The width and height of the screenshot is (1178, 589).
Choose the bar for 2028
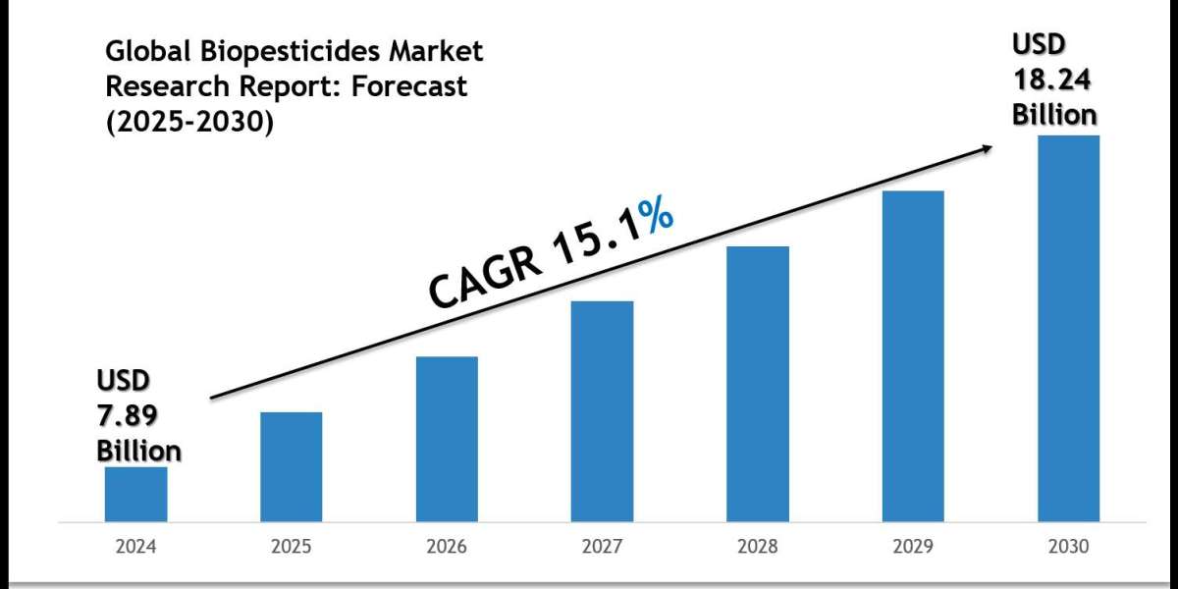(758, 383)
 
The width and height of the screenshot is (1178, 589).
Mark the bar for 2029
(913, 355)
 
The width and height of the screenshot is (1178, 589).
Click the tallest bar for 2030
(1069, 328)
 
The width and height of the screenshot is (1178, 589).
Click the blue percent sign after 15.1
(655, 229)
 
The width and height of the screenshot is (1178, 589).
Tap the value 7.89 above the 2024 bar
(126, 415)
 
